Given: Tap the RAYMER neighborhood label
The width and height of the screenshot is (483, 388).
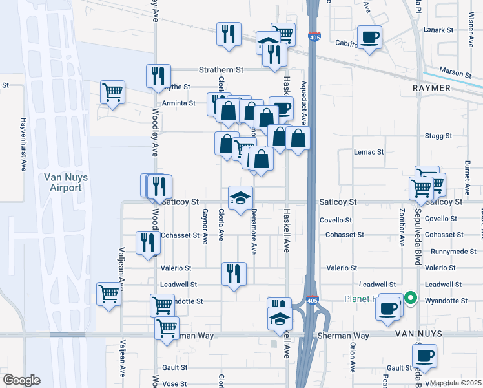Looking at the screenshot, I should pos(431,87).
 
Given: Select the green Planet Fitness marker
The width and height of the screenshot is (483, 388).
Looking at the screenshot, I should pos(410,299).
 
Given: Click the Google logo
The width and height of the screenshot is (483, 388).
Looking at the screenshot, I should pos(21,380).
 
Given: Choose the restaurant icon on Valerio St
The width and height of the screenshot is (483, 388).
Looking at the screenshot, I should pos(233,273).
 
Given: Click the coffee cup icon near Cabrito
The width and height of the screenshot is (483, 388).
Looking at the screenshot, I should pos(369,37).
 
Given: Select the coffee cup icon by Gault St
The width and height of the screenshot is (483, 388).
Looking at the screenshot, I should pos(425,355).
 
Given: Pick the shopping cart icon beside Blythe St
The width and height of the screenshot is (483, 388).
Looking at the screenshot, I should pos(113,92).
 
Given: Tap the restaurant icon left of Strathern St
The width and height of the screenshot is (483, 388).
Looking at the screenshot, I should pos(158,76).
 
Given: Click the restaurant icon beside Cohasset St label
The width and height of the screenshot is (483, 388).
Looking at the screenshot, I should pos(148,242).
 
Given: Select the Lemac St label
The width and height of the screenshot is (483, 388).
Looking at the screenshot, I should pos(369,152).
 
